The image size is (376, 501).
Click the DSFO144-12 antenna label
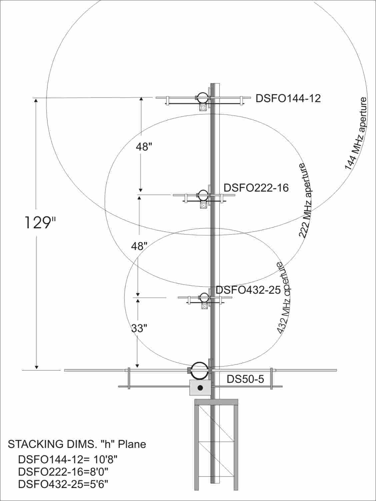(288, 98)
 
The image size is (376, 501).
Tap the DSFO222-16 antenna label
(256, 188)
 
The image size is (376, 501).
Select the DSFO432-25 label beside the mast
(248, 290)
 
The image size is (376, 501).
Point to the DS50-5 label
(245, 379)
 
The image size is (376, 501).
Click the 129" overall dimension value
(40, 223)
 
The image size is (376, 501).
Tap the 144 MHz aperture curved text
(356, 134)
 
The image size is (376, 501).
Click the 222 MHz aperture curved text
(305, 201)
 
